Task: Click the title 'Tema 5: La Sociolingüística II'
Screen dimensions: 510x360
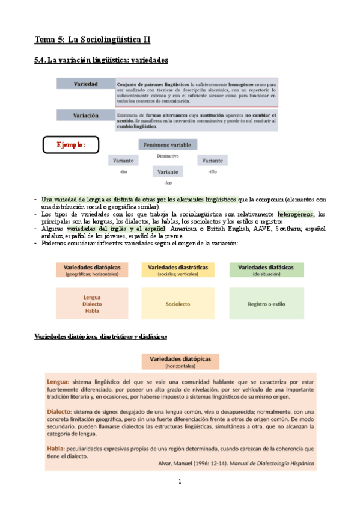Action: [x=92, y=40]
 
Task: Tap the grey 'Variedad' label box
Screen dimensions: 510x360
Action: [x=85, y=84]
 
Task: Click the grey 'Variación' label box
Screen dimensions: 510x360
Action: [x=85, y=115]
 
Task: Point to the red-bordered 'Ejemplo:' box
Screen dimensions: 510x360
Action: [x=70, y=145]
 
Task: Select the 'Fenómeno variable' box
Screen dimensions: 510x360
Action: [x=165, y=145]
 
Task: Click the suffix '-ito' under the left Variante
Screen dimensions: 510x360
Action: [x=124, y=172]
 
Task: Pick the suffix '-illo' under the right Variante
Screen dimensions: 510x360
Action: [x=212, y=172]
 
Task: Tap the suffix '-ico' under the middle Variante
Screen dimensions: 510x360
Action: [x=168, y=182]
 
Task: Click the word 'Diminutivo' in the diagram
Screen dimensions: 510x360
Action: [x=168, y=156]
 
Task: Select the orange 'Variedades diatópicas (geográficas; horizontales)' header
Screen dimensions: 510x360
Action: [x=92, y=269]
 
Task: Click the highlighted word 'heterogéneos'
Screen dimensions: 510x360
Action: [x=294, y=214]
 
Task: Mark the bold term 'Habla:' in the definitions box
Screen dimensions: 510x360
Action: [x=59, y=448]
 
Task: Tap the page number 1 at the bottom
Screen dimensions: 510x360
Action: [x=180, y=482]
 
